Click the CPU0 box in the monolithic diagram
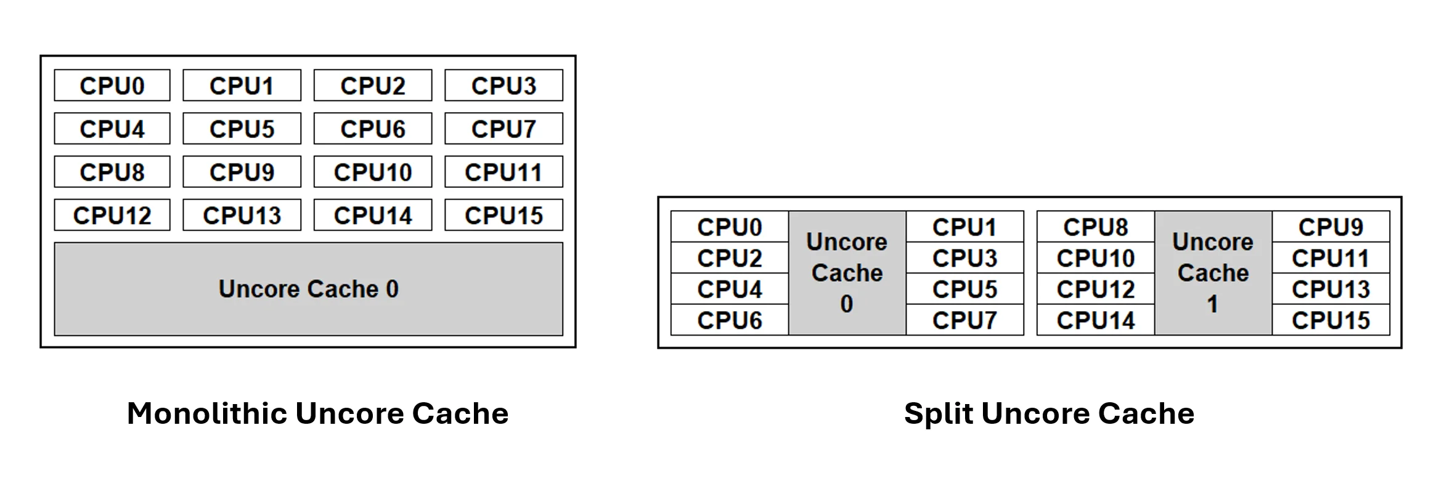click(112, 86)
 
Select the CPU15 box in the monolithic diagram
click(503, 215)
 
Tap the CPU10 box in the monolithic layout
click(372, 172)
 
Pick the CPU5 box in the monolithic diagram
click(242, 129)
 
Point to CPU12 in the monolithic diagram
click(112, 215)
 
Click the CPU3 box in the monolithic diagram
click(503, 86)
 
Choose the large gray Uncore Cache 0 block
click(308, 289)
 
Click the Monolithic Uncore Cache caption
click(317, 413)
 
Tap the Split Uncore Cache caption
click(1049, 413)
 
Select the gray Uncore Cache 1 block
click(1213, 273)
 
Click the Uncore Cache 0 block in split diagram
click(847, 273)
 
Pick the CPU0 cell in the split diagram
click(729, 227)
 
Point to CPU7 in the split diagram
click(964, 320)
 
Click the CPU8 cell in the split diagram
click(1095, 227)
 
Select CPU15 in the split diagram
click(1331, 320)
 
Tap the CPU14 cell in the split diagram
click(1095, 320)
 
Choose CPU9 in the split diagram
click(1331, 227)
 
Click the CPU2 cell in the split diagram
click(729, 258)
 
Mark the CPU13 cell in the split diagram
click(1331, 289)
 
